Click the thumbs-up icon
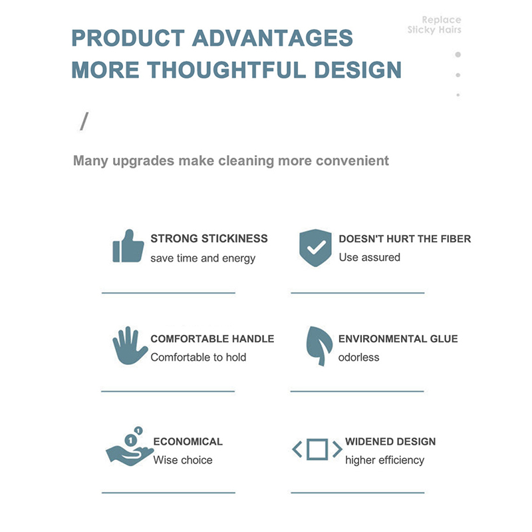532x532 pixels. click(x=128, y=246)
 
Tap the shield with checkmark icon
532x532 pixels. click(x=315, y=248)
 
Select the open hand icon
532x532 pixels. click(x=129, y=346)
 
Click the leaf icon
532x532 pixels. click(x=319, y=346)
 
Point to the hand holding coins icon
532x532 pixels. click(x=129, y=446)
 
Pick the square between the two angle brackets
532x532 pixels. click(x=317, y=449)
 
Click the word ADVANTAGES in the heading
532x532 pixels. click(x=273, y=38)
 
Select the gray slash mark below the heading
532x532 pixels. click(x=84, y=121)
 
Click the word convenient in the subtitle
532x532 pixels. click(x=352, y=160)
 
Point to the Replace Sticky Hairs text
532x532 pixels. click(x=434, y=25)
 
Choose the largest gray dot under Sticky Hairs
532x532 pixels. click(x=458, y=55)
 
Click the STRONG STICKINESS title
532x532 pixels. click(x=209, y=238)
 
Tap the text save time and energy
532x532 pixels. click(x=203, y=258)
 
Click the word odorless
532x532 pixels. click(x=358, y=358)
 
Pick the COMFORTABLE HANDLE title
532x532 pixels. click(x=212, y=339)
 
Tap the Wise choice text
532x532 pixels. click(x=183, y=460)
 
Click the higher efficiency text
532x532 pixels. click(x=385, y=460)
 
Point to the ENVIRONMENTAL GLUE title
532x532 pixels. click(x=398, y=339)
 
